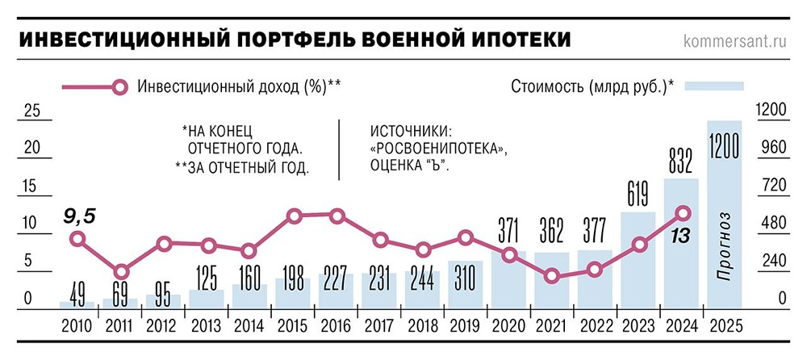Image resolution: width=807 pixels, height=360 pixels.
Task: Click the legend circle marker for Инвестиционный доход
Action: (119, 88)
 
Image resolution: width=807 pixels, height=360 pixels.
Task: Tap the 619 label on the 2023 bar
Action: (638, 195)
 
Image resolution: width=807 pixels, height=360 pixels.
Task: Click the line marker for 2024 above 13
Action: (682, 213)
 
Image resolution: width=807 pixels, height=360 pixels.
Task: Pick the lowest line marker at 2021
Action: (552, 277)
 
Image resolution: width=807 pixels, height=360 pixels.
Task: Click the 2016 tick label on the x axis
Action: (336, 326)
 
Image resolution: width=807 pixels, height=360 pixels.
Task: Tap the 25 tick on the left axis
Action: (31, 111)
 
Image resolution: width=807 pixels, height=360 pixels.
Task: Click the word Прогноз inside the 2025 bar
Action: (724, 247)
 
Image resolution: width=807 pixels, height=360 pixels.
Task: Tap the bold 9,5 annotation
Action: (80, 215)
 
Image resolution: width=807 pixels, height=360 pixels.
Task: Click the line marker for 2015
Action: (295, 216)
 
